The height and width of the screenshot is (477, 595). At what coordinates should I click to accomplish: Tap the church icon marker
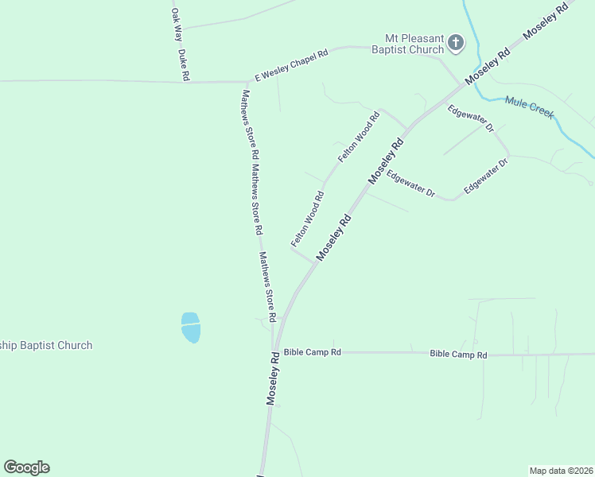coord(456,43)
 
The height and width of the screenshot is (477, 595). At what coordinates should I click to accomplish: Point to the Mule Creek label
coord(529,107)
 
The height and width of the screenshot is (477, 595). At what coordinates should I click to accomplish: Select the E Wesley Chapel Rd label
coord(291,66)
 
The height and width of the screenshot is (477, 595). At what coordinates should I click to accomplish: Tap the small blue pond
coord(191,327)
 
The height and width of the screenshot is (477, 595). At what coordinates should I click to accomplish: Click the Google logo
coord(27,467)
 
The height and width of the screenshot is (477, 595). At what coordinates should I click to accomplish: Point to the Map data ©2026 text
coord(561,471)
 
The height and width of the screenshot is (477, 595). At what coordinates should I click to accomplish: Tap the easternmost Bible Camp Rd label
coord(458,355)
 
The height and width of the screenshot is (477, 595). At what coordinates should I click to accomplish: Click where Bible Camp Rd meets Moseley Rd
coord(274,351)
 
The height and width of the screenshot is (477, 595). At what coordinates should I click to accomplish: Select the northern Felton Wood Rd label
coord(359,137)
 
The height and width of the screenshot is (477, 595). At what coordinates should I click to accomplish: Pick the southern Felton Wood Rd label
coord(307,218)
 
